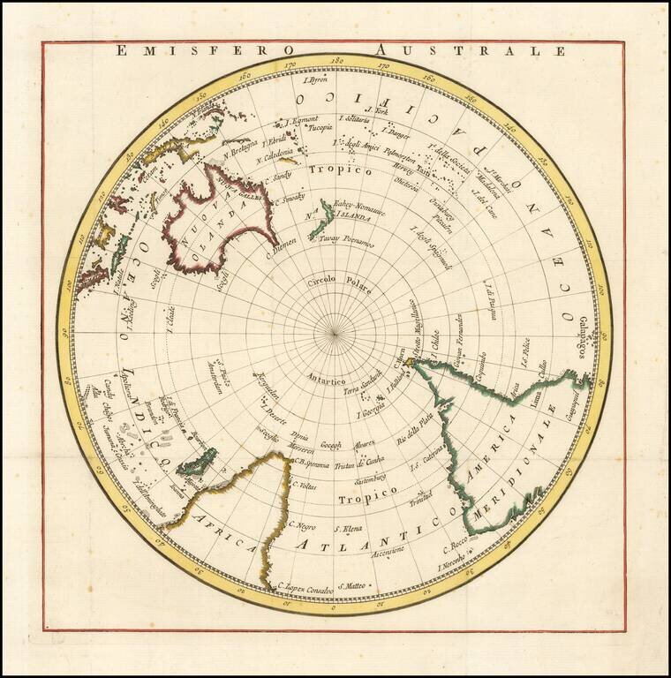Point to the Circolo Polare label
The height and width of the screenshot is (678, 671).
pos(340,284)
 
